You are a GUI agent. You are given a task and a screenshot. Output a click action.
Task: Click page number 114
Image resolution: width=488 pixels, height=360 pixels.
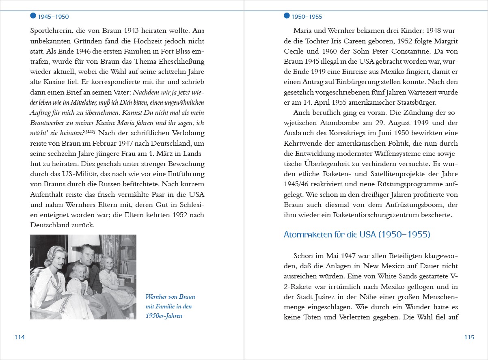tap(19, 337)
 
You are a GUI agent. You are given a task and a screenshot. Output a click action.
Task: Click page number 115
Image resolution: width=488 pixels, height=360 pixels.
tap(469, 337)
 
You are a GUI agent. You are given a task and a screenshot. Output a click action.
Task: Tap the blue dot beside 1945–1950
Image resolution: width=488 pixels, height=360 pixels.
tap(33, 16)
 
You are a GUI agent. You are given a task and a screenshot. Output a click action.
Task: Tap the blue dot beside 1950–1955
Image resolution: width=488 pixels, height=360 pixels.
tap(287, 16)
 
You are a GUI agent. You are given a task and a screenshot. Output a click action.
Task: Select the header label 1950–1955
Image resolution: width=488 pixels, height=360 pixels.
tap(307, 17)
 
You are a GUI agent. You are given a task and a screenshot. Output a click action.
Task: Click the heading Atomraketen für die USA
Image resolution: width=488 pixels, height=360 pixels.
tap(356, 235)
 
